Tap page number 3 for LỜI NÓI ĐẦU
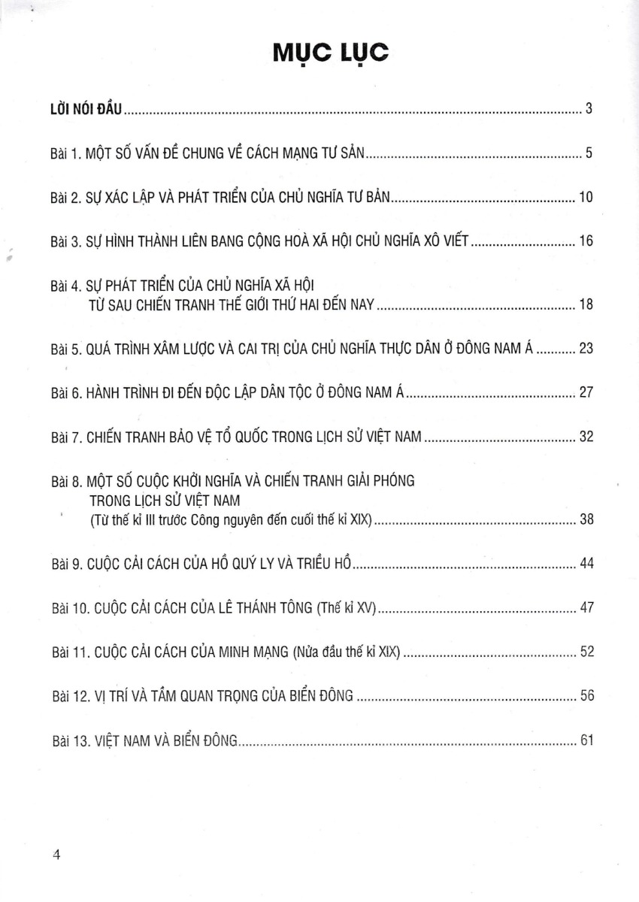(x=589, y=109)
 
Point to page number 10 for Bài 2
(x=586, y=198)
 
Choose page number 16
(x=586, y=241)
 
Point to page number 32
(x=586, y=437)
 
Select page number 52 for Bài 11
(x=586, y=652)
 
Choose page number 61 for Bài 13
(x=586, y=740)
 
